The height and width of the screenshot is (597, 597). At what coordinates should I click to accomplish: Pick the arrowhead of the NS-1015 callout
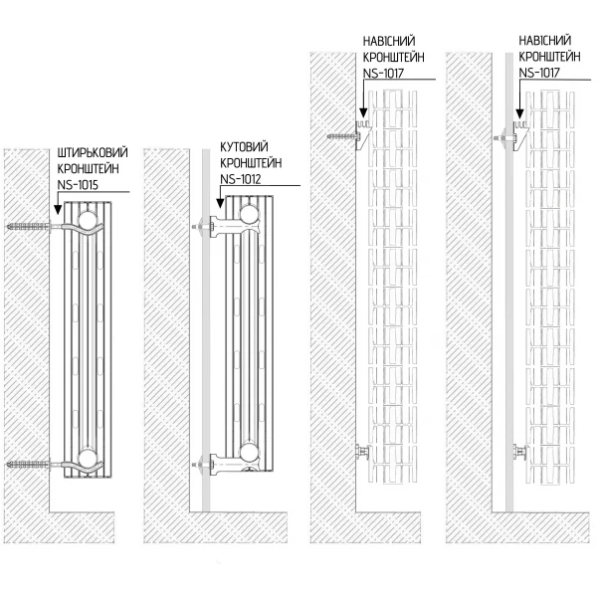(58, 211)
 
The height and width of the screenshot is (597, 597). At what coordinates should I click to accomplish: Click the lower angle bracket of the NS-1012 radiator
(208, 461)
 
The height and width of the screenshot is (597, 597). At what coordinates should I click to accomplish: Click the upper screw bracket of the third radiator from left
(350, 132)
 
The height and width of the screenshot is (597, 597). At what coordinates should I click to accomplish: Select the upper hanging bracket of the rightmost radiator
(517, 132)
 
